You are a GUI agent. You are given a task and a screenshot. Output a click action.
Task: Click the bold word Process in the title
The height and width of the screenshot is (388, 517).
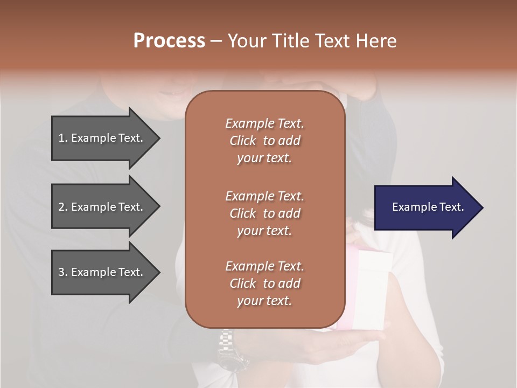pos(169,41)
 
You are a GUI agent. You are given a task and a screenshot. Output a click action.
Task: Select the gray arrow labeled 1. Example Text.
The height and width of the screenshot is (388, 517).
pos(102,138)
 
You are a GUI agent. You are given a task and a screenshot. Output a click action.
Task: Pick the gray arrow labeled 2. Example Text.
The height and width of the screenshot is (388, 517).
pos(102,207)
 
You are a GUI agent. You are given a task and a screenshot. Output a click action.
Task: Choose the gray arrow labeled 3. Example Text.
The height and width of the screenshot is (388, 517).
pos(102,272)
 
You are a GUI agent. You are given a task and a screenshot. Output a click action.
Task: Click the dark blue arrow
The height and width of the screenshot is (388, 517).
pos(425,207)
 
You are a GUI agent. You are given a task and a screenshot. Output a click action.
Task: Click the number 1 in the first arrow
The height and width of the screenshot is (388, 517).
pos(61,138)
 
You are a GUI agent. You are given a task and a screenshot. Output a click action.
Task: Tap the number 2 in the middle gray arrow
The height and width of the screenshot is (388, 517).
pos(61,207)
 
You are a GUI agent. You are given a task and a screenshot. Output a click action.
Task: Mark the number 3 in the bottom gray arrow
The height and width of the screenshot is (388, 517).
pos(61,272)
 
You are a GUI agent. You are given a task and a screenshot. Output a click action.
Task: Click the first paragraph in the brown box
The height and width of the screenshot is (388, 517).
pos(264,141)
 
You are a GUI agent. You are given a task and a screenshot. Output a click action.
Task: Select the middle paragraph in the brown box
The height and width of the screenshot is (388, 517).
pos(264,213)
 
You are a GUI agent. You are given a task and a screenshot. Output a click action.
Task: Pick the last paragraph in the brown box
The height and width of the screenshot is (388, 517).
pos(264,283)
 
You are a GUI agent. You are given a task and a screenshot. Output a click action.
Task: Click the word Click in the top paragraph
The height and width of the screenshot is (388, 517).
pos(243,141)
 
